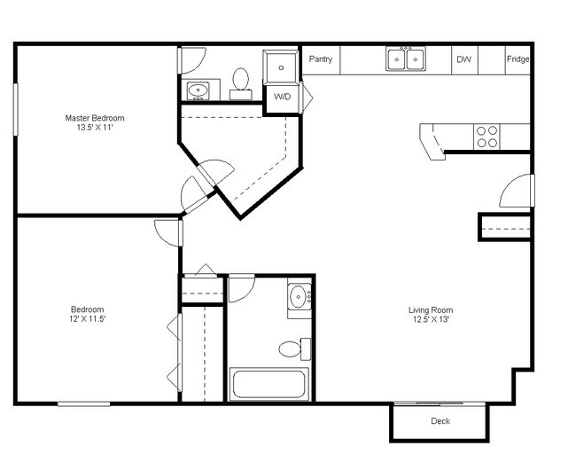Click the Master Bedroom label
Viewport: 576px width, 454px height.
point(95,117)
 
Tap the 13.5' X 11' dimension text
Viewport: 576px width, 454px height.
point(95,127)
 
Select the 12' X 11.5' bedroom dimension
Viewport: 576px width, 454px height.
point(88,318)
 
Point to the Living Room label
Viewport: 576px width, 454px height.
point(431,309)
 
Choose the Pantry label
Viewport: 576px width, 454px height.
point(321,59)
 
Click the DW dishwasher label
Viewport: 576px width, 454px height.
point(463,60)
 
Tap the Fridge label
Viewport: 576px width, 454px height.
point(518,60)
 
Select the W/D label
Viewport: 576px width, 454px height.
point(283,96)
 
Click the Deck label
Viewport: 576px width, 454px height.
point(440,421)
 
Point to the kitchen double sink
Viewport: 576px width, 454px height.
point(406,59)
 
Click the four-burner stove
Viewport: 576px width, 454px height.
point(486,137)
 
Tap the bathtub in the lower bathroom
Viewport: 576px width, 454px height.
point(268,385)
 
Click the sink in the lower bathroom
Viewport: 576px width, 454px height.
point(299,297)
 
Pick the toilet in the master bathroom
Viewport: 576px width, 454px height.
point(240,82)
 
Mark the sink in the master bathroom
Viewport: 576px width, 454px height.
point(199,90)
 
